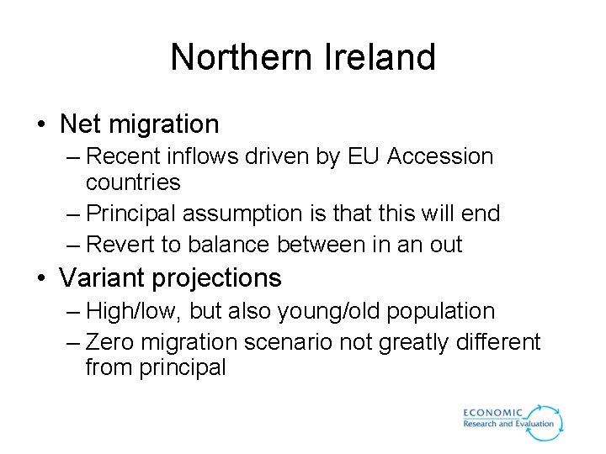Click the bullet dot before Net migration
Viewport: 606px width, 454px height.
(40, 125)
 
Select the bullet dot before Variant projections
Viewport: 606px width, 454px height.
(40, 278)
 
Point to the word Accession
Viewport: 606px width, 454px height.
(441, 156)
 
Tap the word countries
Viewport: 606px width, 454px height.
(133, 182)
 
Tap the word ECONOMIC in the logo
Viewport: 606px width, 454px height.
(493, 413)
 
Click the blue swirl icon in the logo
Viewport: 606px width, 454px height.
(548, 421)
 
